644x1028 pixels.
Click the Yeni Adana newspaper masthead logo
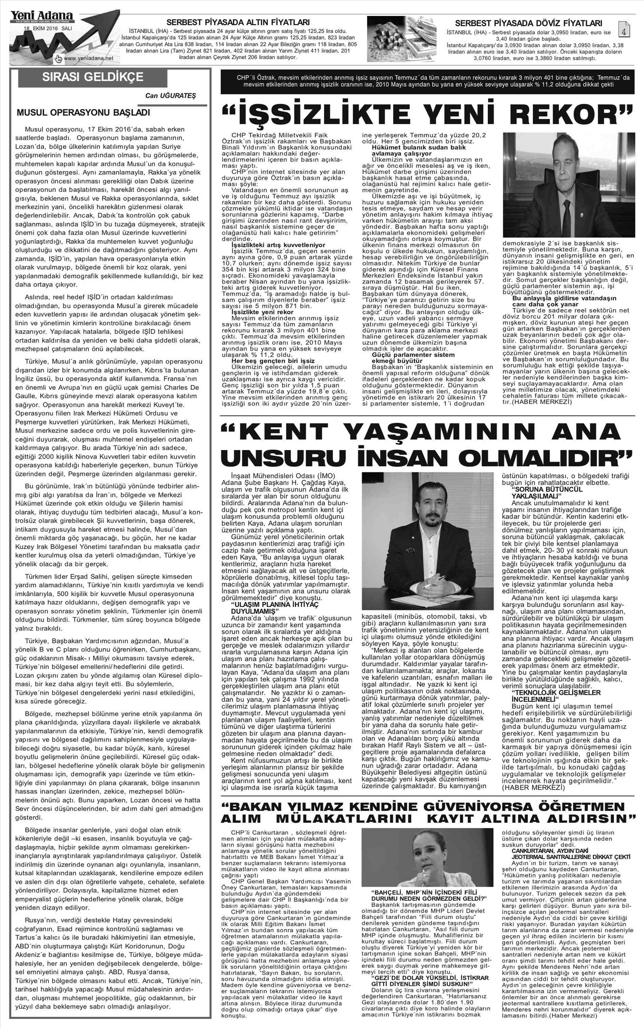click(x=41, y=16)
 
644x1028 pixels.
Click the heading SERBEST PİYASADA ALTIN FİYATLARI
click(x=244, y=22)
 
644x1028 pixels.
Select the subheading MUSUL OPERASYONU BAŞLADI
click(x=83, y=113)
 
